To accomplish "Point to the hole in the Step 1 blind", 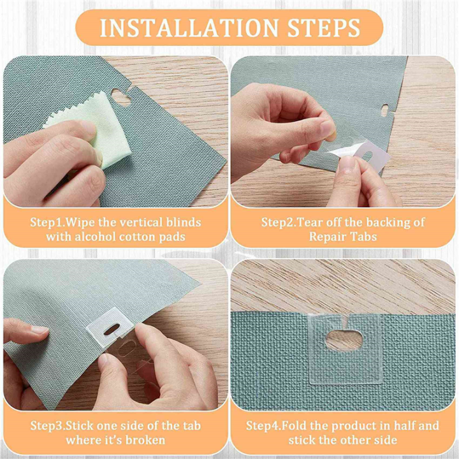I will [120, 97].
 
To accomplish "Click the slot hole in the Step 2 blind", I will [385, 110].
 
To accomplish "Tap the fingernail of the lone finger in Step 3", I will [38, 330].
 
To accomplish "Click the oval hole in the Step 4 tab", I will [344, 340].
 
